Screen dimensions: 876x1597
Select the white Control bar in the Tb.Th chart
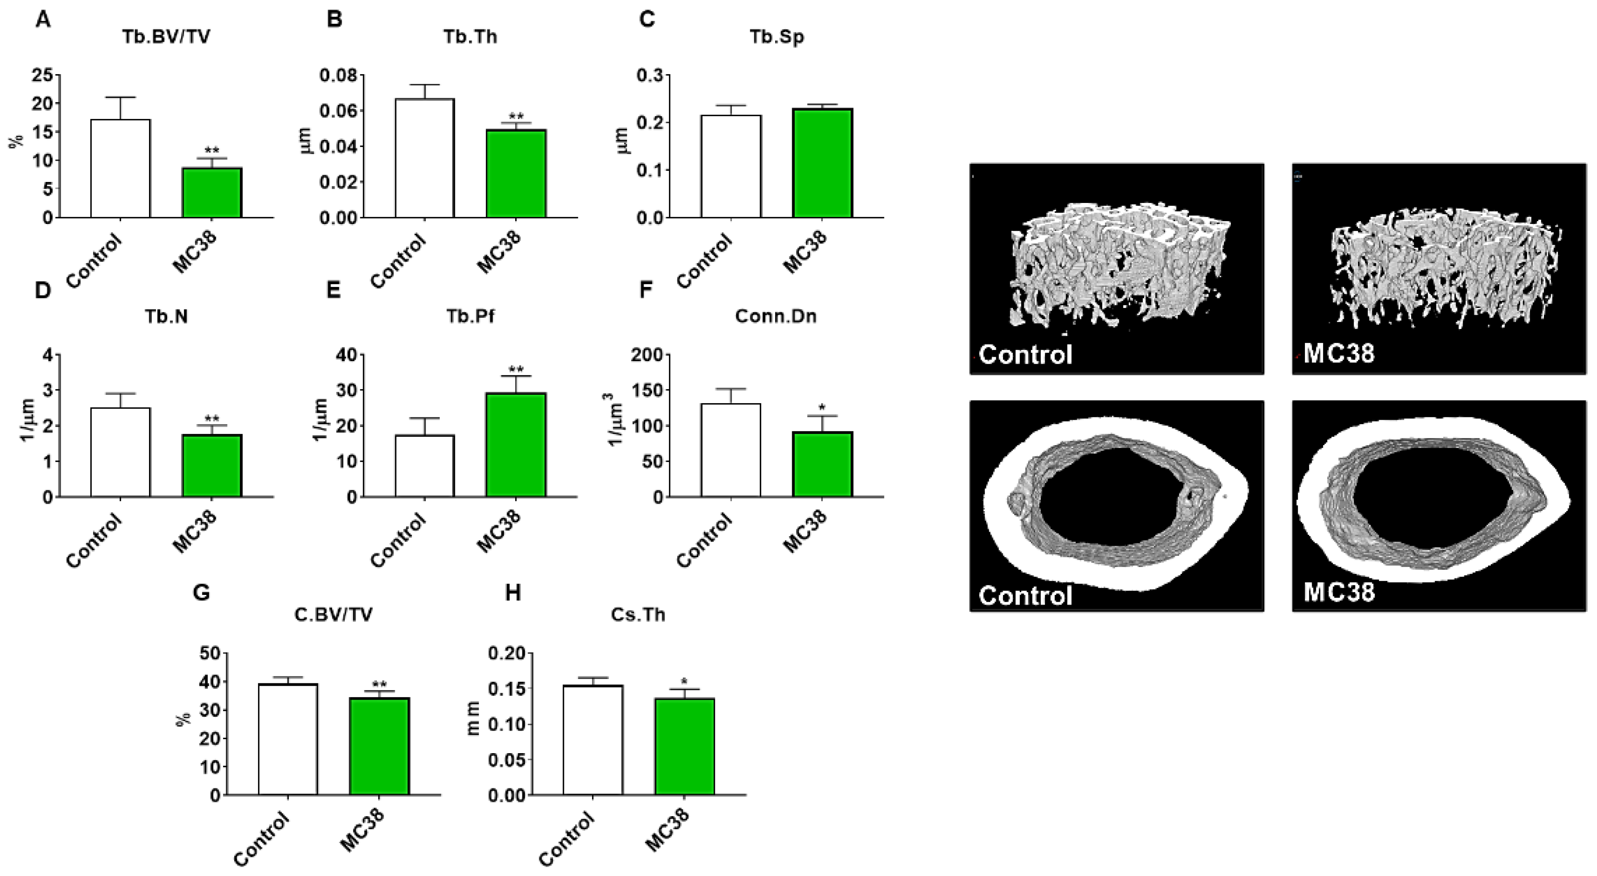425,158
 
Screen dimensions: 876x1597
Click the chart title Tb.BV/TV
166,37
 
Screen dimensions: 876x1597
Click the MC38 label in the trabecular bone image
1339,354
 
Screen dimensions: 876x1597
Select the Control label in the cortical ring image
1026,595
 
